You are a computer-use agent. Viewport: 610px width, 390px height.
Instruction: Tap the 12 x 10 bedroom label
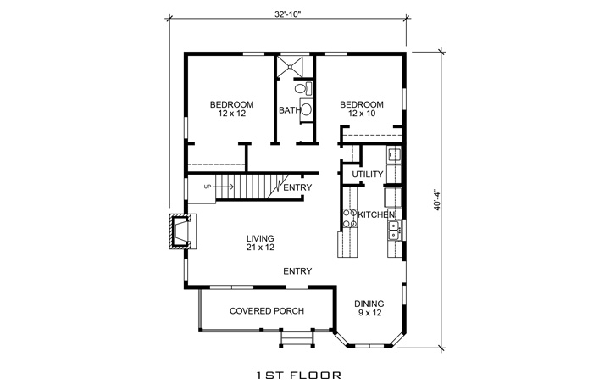(x=362, y=109)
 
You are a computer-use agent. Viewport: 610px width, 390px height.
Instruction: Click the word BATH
(x=288, y=110)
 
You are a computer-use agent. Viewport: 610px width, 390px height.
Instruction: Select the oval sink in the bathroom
(x=307, y=109)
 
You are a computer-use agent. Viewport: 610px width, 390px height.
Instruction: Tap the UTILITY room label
(x=368, y=175)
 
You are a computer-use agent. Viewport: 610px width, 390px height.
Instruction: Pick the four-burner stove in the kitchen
(x=347, y=219)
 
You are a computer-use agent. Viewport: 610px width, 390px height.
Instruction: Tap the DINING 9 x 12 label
(x=369, y=308)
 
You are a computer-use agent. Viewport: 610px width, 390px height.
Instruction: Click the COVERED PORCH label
(x=267, y=311)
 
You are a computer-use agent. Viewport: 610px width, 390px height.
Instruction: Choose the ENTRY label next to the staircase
(x=298, y=187)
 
